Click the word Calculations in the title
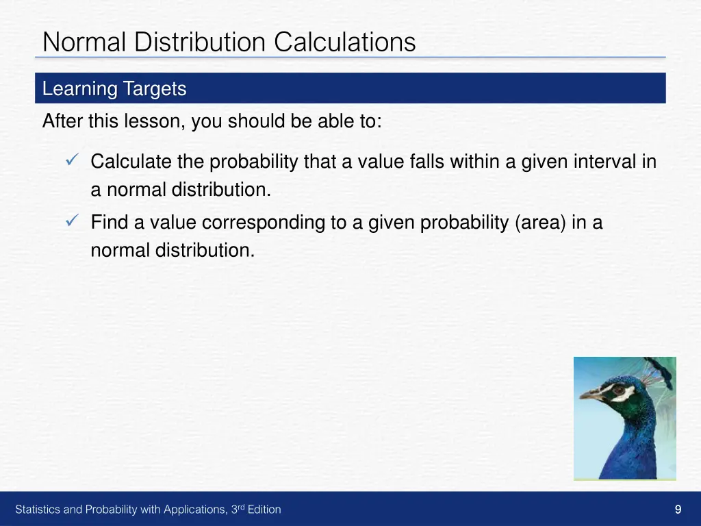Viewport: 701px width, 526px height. [x=345, y=42]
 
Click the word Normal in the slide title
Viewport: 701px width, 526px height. [x=85, y=42]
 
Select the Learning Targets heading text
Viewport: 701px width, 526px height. [x=114, y=89]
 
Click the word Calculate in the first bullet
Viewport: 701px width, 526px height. [x=131, y=162]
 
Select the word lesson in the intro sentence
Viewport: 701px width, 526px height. [x=155, y=122]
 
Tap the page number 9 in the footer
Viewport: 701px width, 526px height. [x=678, y=509]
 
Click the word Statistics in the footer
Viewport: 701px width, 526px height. [x=38, y=510]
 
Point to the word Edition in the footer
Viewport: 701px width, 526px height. [x=264, y=510]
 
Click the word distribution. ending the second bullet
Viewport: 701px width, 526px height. [x=205, y=251]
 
